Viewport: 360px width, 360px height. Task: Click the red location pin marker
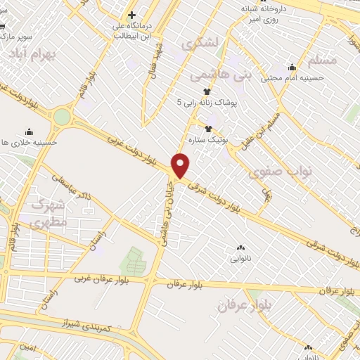[x=181, y=165]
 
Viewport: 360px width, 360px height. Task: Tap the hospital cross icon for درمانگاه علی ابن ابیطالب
[x=131, y=14]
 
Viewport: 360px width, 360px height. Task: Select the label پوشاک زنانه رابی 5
[x=208, y=103]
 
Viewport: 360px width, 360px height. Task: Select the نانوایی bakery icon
[x=240, y=247]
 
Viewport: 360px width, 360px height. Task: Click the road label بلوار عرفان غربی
[x=103, y=278]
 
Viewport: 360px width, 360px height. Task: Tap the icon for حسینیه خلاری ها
[x=29, y=131]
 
